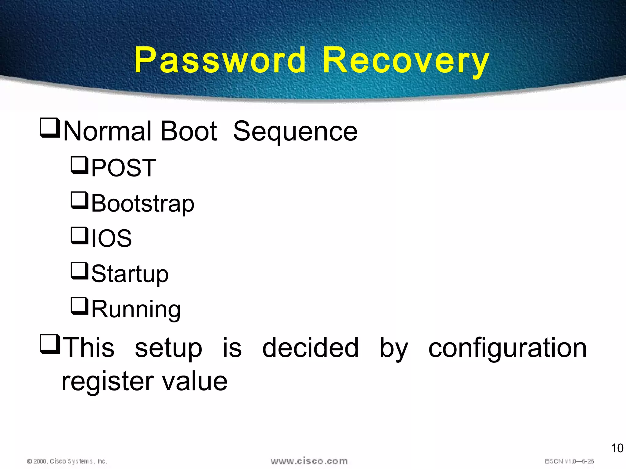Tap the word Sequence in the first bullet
295,131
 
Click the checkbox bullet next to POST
79,165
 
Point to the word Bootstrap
143,204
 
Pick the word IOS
112,238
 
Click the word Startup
130,274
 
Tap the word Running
136,309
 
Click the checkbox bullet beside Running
79,306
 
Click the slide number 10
617,448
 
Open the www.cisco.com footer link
309,461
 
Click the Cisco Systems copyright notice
68,461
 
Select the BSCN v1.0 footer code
569,461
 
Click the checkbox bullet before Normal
50,128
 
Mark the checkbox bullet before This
50,344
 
